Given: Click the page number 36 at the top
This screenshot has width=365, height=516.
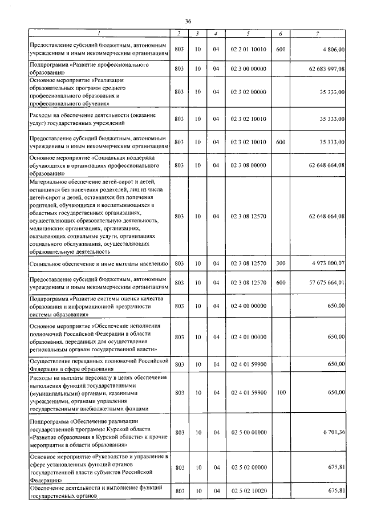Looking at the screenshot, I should point(188,21).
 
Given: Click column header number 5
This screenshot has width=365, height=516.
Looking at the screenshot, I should point(248,34).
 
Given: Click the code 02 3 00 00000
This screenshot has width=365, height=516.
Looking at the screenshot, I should point(248,69).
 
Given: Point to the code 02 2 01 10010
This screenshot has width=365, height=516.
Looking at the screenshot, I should point(248,50).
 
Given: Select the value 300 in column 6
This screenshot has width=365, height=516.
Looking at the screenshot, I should point(280,263).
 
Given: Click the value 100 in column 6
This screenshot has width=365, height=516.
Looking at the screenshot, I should point(280,393).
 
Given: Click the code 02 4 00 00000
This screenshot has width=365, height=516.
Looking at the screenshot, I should point(248,306).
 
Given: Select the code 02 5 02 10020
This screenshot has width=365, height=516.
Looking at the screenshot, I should point(248,491).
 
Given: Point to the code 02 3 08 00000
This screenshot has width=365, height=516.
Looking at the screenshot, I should point(248,165).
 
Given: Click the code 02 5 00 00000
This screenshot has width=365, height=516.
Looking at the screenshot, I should point(248,433).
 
